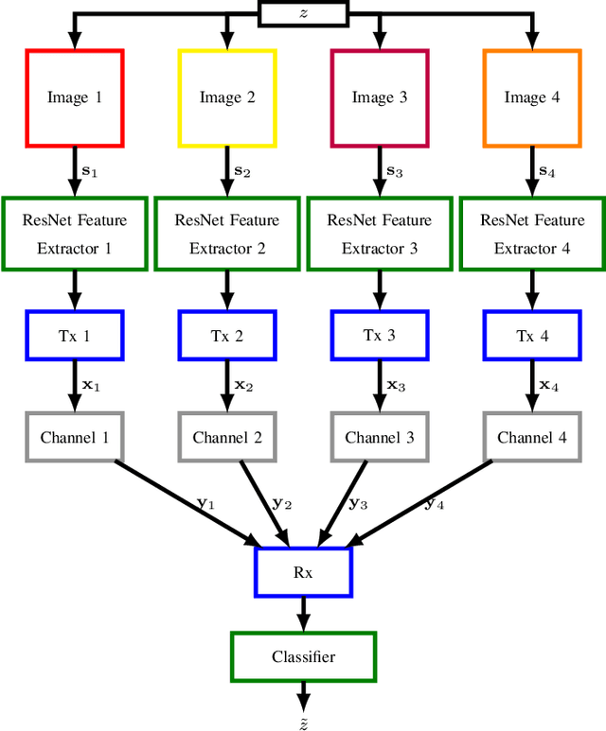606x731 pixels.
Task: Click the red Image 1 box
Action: [x=75, y=97]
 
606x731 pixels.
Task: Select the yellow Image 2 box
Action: [x=227, y=97]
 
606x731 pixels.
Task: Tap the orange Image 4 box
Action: [x=531, y=97]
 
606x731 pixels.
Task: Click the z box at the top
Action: [x=303, y=13]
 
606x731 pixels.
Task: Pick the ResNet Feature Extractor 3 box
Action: [x=379, y=234]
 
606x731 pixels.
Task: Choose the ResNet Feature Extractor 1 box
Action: [x=75, y=234]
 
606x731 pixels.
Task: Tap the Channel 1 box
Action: [x=75, y=437]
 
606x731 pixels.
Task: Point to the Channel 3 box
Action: [x=379, y=437]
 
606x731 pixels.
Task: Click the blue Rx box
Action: [x=303, y=571]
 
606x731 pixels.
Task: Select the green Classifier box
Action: [x=303, y=656]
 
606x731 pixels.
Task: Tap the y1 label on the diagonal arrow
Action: [x=205, y=504]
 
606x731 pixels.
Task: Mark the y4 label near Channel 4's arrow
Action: [x=435, y=504]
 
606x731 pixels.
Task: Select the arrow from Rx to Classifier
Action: [x=303, y=615]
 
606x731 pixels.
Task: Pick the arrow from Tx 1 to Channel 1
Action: [x=75, y=387]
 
